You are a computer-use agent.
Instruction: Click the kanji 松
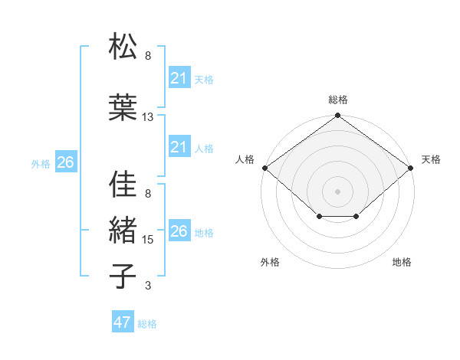[x=123, y=47]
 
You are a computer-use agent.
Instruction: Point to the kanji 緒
[x=123, y=230]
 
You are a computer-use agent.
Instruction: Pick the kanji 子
[x=123, y=276]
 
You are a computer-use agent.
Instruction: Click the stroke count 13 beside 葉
[x=148, y=117]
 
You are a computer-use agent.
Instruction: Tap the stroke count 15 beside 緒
[x=148, y=240]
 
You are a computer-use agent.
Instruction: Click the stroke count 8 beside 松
[x=148, y=56]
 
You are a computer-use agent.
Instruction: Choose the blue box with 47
[x=123, y=322]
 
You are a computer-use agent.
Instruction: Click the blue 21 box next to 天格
[x=179, y=78]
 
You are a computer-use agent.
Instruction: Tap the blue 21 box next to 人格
[x=179, y=147]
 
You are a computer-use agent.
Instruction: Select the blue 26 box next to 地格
[x=179, y=231]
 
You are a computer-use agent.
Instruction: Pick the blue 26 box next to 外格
[x=66, y=162]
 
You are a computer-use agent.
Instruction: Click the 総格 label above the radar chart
[x=338, y=100]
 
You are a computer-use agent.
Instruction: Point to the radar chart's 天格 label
[x=431, y=159]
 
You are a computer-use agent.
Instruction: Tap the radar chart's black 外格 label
[x=270, y=263]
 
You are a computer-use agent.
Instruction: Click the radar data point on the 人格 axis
[x=264, y=168]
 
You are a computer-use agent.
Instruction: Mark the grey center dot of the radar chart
[x=338, y=191]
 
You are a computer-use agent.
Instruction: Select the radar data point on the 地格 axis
[x=356, y=217]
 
